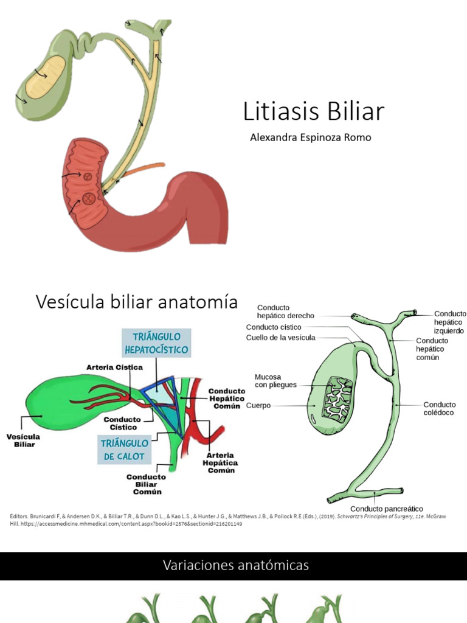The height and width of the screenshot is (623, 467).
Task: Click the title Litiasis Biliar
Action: tap(314, 112)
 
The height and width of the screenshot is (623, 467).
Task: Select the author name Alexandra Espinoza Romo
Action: tap(310, 137)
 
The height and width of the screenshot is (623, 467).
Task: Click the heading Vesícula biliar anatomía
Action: tap(137, 301)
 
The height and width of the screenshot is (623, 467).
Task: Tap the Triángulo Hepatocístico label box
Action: tap(156, 344)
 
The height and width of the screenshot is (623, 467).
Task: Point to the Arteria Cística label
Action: tap(114, 367)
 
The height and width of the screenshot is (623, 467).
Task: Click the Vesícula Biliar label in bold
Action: tap(23, 440)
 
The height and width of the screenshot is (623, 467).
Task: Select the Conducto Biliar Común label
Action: tap(147, 484)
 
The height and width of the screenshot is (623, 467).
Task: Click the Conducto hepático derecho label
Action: tap(285, 311)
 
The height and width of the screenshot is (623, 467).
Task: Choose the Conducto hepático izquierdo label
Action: tap(449, 322)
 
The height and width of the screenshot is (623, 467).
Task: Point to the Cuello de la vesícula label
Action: tap(280, 338)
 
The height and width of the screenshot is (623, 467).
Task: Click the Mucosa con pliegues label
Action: tap(275, 381)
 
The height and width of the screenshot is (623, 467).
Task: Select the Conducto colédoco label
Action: tap(439, 408)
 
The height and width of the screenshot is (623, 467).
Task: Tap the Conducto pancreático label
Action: tap(387, 509)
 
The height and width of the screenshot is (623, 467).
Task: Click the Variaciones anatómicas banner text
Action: tap(236, 565)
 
